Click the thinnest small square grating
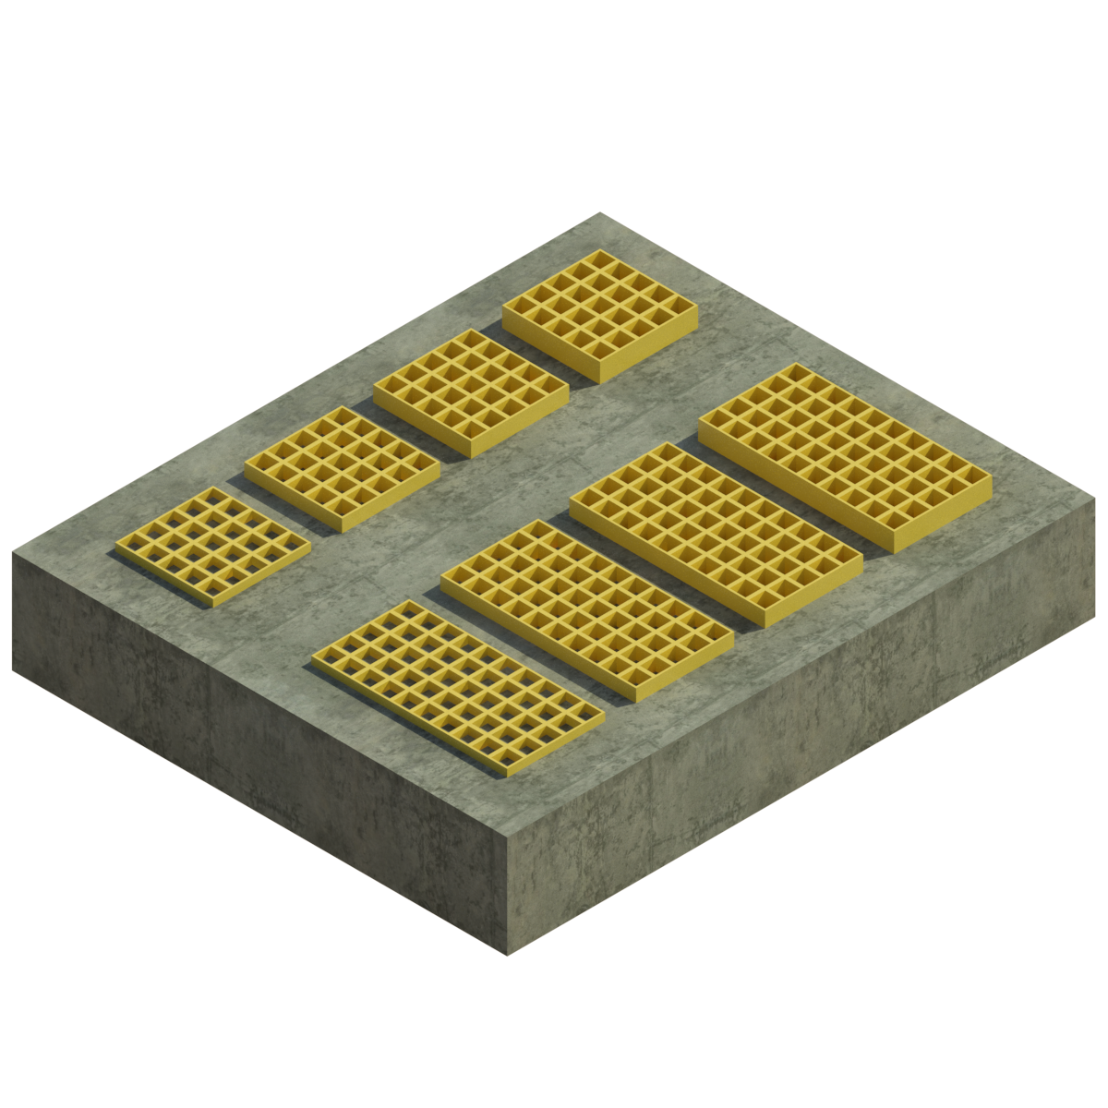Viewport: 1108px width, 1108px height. pyautogui.click(x=213, y=545)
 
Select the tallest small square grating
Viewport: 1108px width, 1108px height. pyautogui.click(x=600, y=314)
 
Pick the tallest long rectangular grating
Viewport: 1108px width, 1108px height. pyautogui.click(x=845, y=456)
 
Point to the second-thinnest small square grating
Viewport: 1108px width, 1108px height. pyautogui.click(x=342, y=467)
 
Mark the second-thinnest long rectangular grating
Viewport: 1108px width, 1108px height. pyautogui.click(x=587, y=608)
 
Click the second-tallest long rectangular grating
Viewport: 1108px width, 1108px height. pyautogui.click(x=716, y=533)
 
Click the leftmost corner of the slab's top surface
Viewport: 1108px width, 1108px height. pyautogui.click(x=13, y=554)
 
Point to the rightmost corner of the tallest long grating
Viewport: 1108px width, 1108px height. pyautogui.click(x=991, y=478)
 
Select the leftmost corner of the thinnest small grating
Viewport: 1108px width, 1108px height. pyautogui.click(x=115, y=546)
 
